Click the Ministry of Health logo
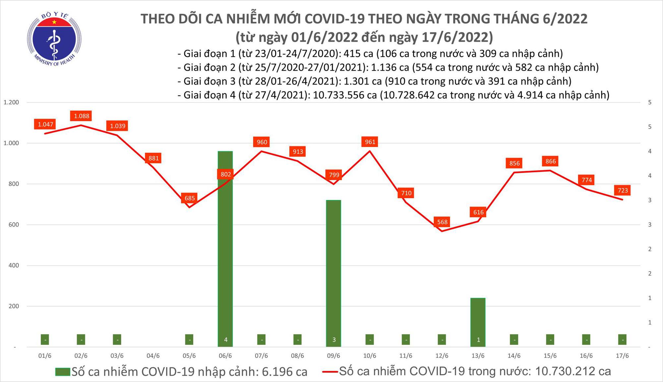(x=54, y=39)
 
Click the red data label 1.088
(x=81, y=116)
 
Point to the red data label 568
(x=442, y=222)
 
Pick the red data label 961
(x=370, y=142)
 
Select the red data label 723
(x=623, y=190)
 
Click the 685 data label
(x=190, y=198)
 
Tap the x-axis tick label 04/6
(x=153, y=356)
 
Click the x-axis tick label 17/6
(x=622, y=356)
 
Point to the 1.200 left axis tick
(x=11, y=102)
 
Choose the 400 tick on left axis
(x=14, y=266)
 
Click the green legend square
(x=63, y=372)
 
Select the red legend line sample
(x=330, y=371)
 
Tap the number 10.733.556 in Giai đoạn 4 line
(x=345, y=95)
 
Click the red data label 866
(x=551, y=161)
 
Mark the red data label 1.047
(x=45, y=124)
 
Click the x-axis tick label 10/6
(x=370, y=356)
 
